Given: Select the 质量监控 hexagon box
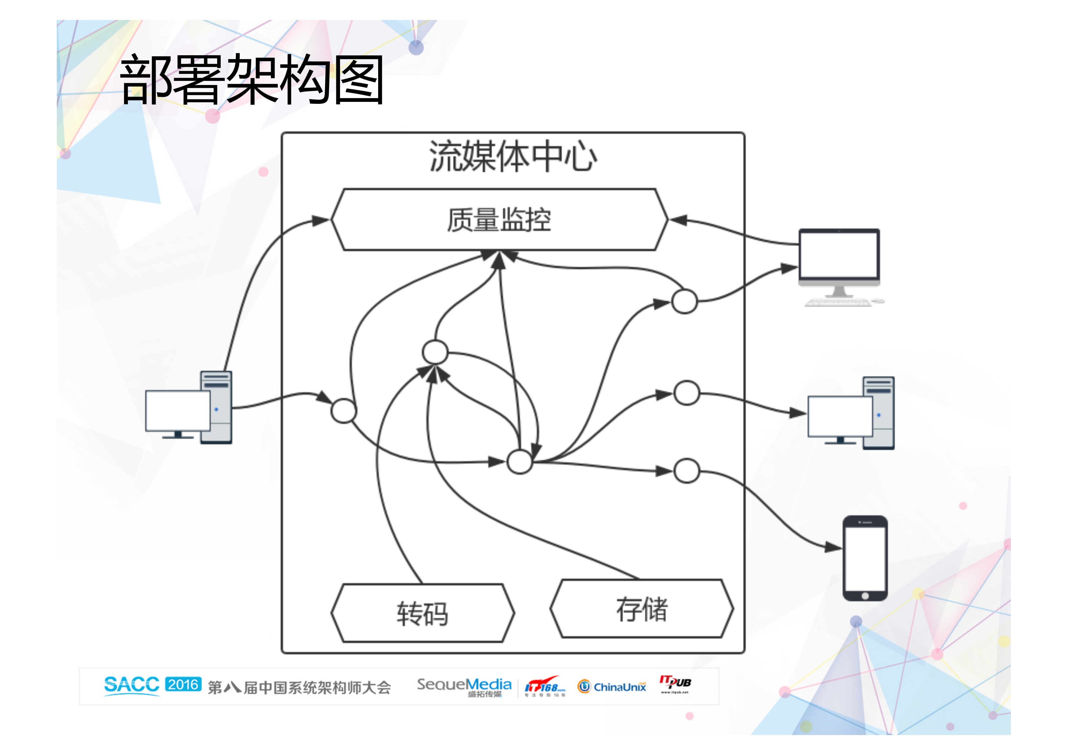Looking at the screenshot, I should [x=499, y=220].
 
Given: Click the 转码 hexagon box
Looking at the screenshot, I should [x=422, y=613].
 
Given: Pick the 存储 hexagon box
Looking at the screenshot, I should [x=642, y=608].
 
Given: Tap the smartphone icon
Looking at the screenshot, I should [x=865, y=558].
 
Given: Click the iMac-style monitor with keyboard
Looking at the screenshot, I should [x=839, y=265].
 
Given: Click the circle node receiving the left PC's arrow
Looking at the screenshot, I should [x=344, y=411].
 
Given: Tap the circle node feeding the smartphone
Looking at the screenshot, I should [x=686, y=471].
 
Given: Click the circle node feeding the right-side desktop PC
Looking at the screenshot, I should [x=686, y=393].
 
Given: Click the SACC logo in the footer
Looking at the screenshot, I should [x=131, y=685].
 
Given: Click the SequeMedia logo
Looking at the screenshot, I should [x=464, y=686].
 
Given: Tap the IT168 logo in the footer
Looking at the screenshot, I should [x=544, y=686].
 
